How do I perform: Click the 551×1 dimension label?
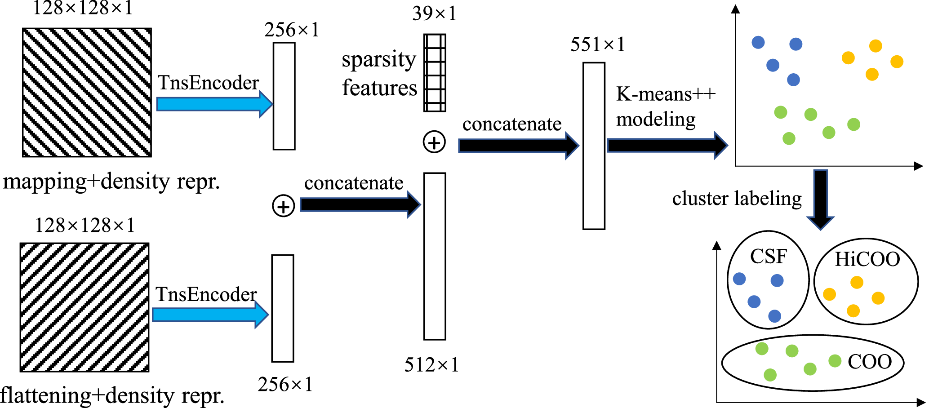(x=597, y=44)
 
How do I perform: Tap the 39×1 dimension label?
(x=434, y=13)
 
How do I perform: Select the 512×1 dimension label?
(x=431, y=365)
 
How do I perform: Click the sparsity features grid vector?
(x=435, y=73)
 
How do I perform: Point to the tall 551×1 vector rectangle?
(x=594, y=146)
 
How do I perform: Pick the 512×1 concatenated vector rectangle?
(x=435, y=256)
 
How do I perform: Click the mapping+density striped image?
(x=87, y=93)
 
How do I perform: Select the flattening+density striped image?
(x=84, y=307)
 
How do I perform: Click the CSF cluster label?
(x=769, y=257)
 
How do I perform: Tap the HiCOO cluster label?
(x=867, y=259)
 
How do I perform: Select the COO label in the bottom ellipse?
(x=870, y=362)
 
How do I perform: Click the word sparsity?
(x=379, y=60)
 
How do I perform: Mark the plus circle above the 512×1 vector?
(x=434, y=142)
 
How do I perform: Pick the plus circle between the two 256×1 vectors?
(x=284, y=206)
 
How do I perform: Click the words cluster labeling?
(x=737, y=198)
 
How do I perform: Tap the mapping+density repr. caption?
(x=111, y=182)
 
